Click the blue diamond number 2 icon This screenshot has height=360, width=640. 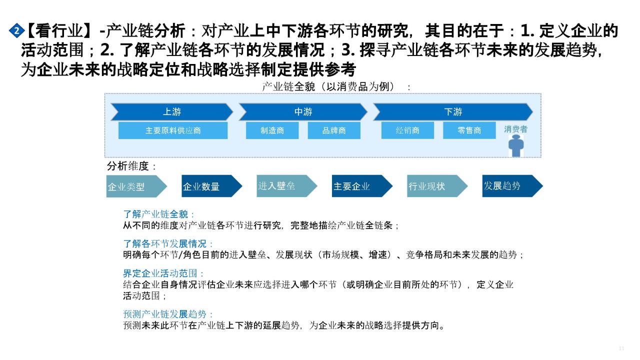[16, 30]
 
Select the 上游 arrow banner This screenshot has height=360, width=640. [172, 111]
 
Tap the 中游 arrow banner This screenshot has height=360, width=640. [303, 111]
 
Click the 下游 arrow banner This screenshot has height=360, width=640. [453, 111]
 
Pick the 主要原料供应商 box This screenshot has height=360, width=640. [173, 130]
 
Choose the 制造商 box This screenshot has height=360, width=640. [272, 130]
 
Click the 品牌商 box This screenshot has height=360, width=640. [334, 130]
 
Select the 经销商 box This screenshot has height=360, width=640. [407, 130]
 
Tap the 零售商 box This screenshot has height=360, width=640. [469, 130]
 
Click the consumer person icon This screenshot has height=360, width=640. [516, 145]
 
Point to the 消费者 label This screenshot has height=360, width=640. [515, 129]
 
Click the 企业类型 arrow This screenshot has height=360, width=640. [136, 186]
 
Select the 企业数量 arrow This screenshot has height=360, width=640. [212, 186]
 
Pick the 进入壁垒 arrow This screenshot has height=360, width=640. [287, 186]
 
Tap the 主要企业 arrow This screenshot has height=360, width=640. [362, 186]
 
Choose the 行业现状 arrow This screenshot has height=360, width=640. [437, 186]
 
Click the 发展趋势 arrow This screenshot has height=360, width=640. [512, 186]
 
